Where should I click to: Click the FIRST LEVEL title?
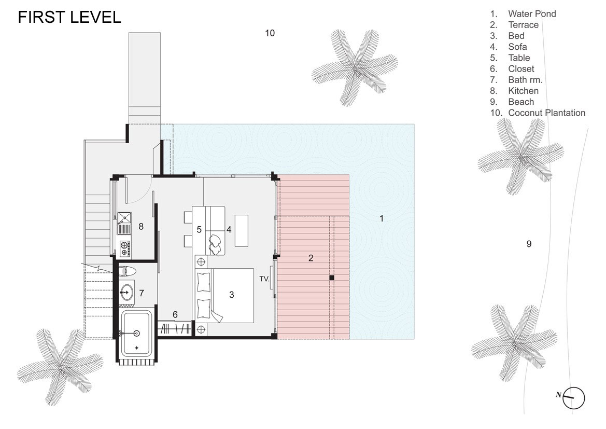(69, 18)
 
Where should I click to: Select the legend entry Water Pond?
(523, 13)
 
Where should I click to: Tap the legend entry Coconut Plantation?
(538, 113)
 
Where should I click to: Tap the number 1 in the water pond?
(382, 218)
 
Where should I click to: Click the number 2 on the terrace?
(311, 258)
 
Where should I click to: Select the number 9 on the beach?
(529, 244)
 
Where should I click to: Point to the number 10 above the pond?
(270, 33)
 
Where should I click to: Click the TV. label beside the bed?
(264, 279)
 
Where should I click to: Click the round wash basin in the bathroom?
(126, 291)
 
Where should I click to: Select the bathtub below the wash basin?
(136, 333)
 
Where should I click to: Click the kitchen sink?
(124, 224)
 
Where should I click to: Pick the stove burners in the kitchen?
(124, 248)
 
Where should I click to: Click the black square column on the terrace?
(332, 278)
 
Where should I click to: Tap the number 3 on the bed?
(232, 295)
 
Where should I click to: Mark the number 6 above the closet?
(175, 315)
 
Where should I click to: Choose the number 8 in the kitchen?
(141, 226)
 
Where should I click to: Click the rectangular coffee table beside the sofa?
(242, 230)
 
